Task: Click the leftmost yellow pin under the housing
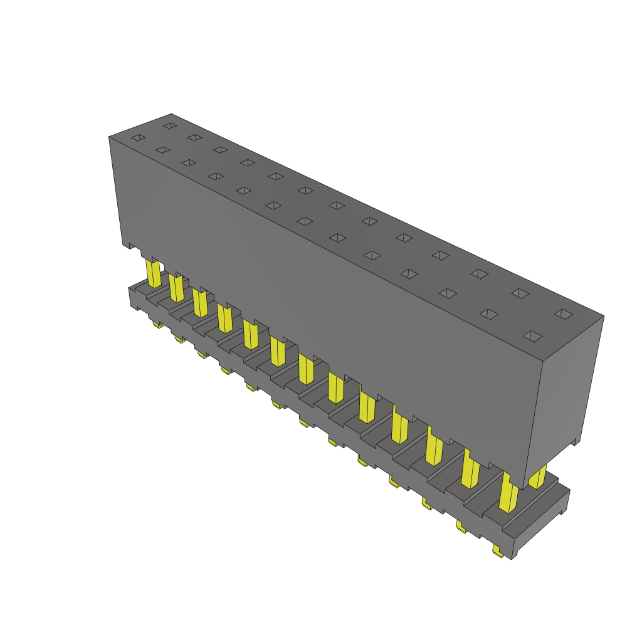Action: click(153, 273)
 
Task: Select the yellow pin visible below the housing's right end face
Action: click(537, 477)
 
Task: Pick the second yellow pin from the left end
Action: click(176, 287)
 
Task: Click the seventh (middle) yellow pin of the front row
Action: click(307, 369)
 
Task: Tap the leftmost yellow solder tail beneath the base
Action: click(158, 325)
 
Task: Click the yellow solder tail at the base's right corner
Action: click(498, 552)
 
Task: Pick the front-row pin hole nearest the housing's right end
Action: click(532, 336)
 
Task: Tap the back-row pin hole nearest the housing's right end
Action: click(564, 313)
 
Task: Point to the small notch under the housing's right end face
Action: click(573, 443)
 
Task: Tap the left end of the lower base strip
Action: click(132, 297)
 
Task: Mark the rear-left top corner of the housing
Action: click(171, 114)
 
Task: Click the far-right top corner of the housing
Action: click(604, 315)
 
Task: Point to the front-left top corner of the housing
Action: click(109, 136)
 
